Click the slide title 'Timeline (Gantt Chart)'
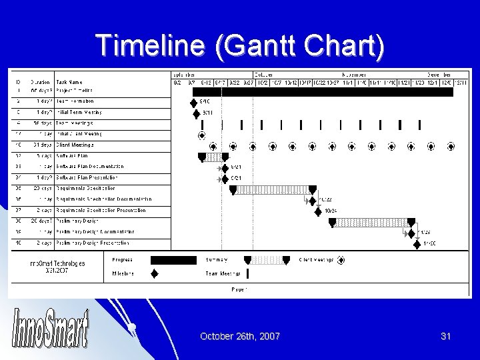click(240, 45)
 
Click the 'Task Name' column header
click(69, 83)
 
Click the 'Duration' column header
click(41, 83)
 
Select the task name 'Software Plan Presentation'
click(87, 177)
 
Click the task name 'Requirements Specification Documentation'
click(103, 199)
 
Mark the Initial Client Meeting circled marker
click(202, 135)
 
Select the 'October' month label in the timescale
click(265, 75)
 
